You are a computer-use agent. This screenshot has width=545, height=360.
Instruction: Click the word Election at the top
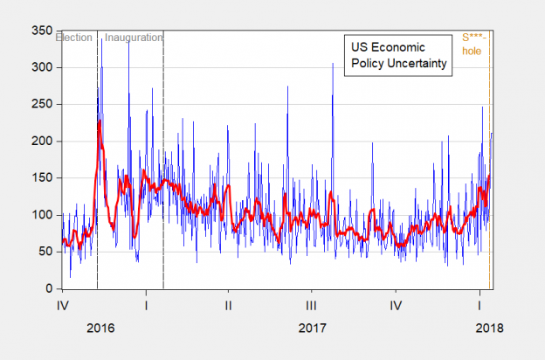point(75,38)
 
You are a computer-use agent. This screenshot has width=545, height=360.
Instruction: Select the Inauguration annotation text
point(134,38)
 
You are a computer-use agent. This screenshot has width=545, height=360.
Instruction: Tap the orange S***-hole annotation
point(473,45)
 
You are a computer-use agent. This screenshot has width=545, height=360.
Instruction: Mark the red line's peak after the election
point(100,121)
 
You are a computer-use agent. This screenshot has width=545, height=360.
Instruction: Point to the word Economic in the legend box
point(398,46)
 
